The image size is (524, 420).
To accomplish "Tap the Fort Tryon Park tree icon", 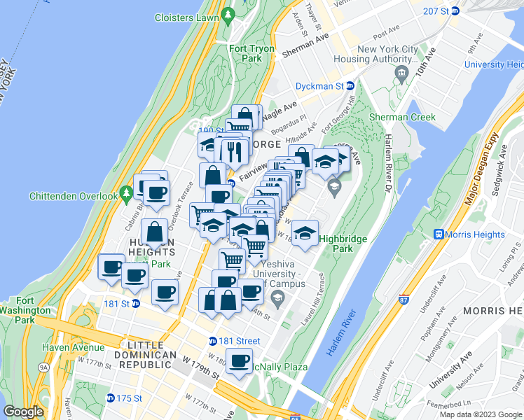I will tap(228, 14).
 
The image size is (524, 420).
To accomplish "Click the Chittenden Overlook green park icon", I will tap(126, 192).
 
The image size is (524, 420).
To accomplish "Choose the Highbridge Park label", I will tap(343, 244).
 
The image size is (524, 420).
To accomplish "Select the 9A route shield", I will tap(43, 366).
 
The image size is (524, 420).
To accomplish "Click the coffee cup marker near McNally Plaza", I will tap(239, 362).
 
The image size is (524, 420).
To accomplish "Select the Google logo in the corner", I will tap(24, 412).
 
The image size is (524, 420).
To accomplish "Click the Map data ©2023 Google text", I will tap(480, 414).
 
